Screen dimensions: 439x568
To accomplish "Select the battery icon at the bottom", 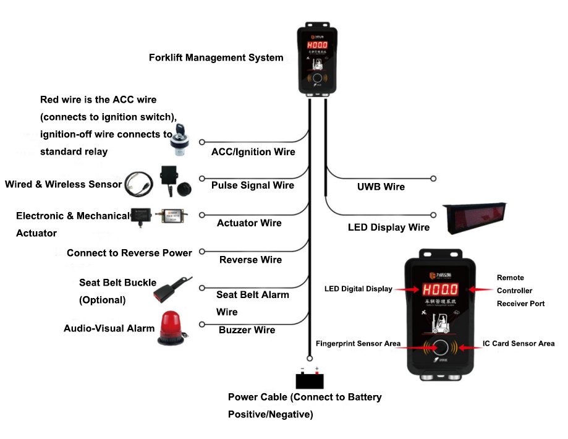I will (309, 379).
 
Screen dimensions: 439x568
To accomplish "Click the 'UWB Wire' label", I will (381, 187).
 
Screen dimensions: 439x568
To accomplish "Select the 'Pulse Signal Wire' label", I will (253, 185).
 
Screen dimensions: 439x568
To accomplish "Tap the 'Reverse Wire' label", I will (250, 260).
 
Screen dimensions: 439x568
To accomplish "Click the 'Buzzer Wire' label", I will (247, 330).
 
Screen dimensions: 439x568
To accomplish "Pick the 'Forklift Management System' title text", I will (216, 58).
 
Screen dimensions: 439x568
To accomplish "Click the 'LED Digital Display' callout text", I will (358, 289).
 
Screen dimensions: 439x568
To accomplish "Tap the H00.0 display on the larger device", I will (441, 289).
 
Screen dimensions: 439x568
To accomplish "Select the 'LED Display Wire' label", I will (388, 228).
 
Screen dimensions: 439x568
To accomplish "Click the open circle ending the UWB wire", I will (433, 179).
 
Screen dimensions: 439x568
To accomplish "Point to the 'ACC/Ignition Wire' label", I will (253, 151).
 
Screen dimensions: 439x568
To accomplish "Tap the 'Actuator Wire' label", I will (249, 223).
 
